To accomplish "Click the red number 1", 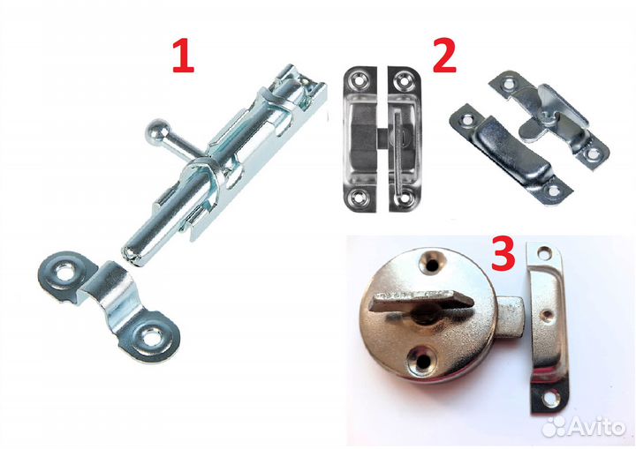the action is point(184,57).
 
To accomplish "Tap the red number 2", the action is point(444,57).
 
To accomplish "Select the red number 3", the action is point(503,254).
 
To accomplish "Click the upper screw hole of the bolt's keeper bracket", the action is point(63,273).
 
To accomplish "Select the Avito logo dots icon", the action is point(554,427).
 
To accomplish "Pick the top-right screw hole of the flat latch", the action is point(403,79).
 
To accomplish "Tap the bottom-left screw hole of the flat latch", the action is point(358,198).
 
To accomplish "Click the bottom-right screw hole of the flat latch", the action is point(404,198).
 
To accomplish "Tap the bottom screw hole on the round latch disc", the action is point(422,360).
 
